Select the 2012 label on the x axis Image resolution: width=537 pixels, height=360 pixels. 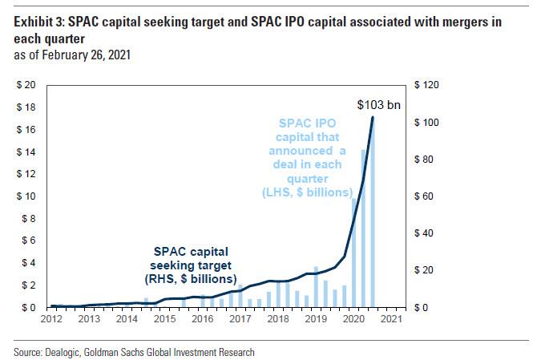(50, 318)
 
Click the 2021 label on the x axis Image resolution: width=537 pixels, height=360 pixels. (390, 318)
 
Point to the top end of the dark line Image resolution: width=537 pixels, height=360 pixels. (373, 117)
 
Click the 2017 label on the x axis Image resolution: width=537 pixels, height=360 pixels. (239, 318)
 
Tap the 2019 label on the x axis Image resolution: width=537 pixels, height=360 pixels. (315, 318)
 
